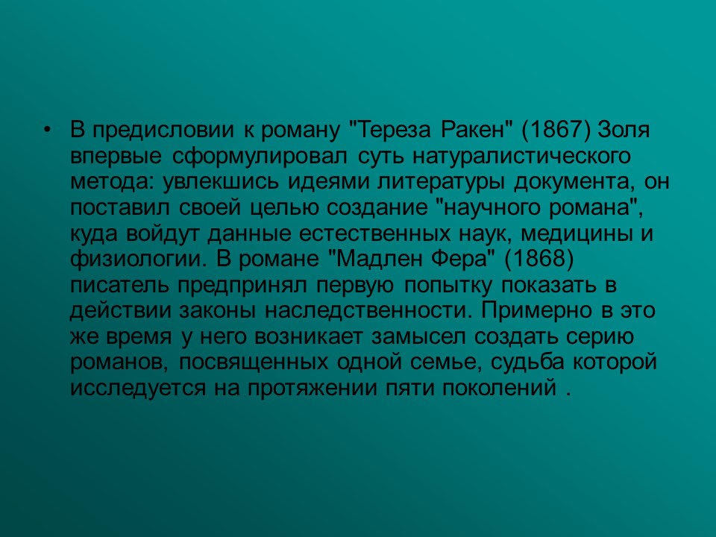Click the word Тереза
coord(386,131)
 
